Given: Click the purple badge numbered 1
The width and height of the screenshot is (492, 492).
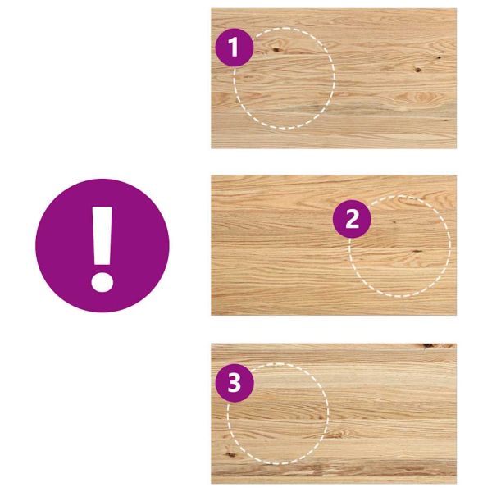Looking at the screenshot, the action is click(x=234, y=48).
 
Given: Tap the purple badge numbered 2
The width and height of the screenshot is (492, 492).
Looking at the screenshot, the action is click(x=352, y=219).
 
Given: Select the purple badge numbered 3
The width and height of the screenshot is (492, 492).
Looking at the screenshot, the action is click(x=235, y=383).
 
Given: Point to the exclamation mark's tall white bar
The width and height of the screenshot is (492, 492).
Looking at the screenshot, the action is click(x=102, y=235).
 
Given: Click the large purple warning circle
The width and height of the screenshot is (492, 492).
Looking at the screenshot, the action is click(x=102, y=245).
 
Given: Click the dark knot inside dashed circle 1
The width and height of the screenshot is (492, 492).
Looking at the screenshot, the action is click(x=276, y=49).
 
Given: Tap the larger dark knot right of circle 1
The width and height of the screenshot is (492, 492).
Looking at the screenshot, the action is click(x=417, y=70).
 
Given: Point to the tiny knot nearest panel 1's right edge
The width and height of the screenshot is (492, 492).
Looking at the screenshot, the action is click(x=439, y=57).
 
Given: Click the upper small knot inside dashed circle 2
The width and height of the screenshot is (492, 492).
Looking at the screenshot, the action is click(x=394, y=222).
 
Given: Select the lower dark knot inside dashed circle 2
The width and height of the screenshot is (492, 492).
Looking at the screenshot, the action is click(x=417, y=251).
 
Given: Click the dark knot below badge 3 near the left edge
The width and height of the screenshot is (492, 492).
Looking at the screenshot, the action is click(x=231, y=454).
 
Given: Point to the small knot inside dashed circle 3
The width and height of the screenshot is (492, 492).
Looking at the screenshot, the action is click(x=321, y=417).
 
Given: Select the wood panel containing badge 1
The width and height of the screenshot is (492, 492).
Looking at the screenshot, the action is click(x=334, y=79).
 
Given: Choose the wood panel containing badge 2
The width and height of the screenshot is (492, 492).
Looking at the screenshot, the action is click(x=334, y=245).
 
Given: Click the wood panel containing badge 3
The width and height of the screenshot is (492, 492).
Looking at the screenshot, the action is click(x=334, y=413).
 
